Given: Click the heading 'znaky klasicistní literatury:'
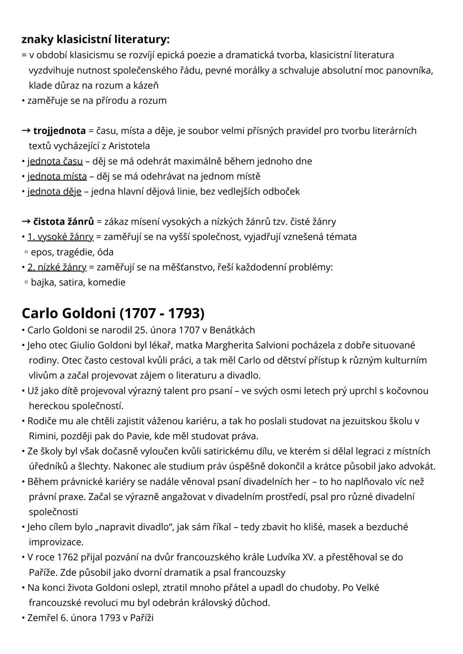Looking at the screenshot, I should pos(96,40).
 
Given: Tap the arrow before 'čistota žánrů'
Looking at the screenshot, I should pos(26,222).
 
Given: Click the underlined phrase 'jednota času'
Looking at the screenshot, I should pos(55,161).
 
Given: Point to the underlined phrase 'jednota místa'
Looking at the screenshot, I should pos(57,176).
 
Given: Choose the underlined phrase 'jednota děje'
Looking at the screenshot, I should pos(54,191).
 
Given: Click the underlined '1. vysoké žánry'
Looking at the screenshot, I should pos(60,237).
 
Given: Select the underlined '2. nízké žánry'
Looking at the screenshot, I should pos(57,267).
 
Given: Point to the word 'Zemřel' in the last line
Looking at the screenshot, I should pos(42,618).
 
